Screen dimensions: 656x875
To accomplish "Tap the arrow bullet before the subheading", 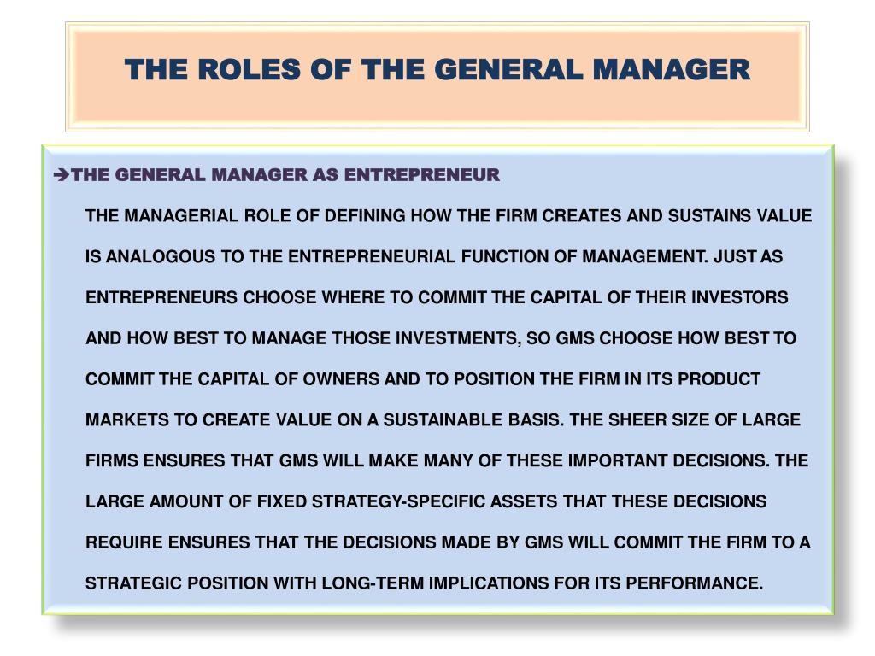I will point(61,176).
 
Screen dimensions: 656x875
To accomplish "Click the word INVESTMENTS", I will point(456,338).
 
